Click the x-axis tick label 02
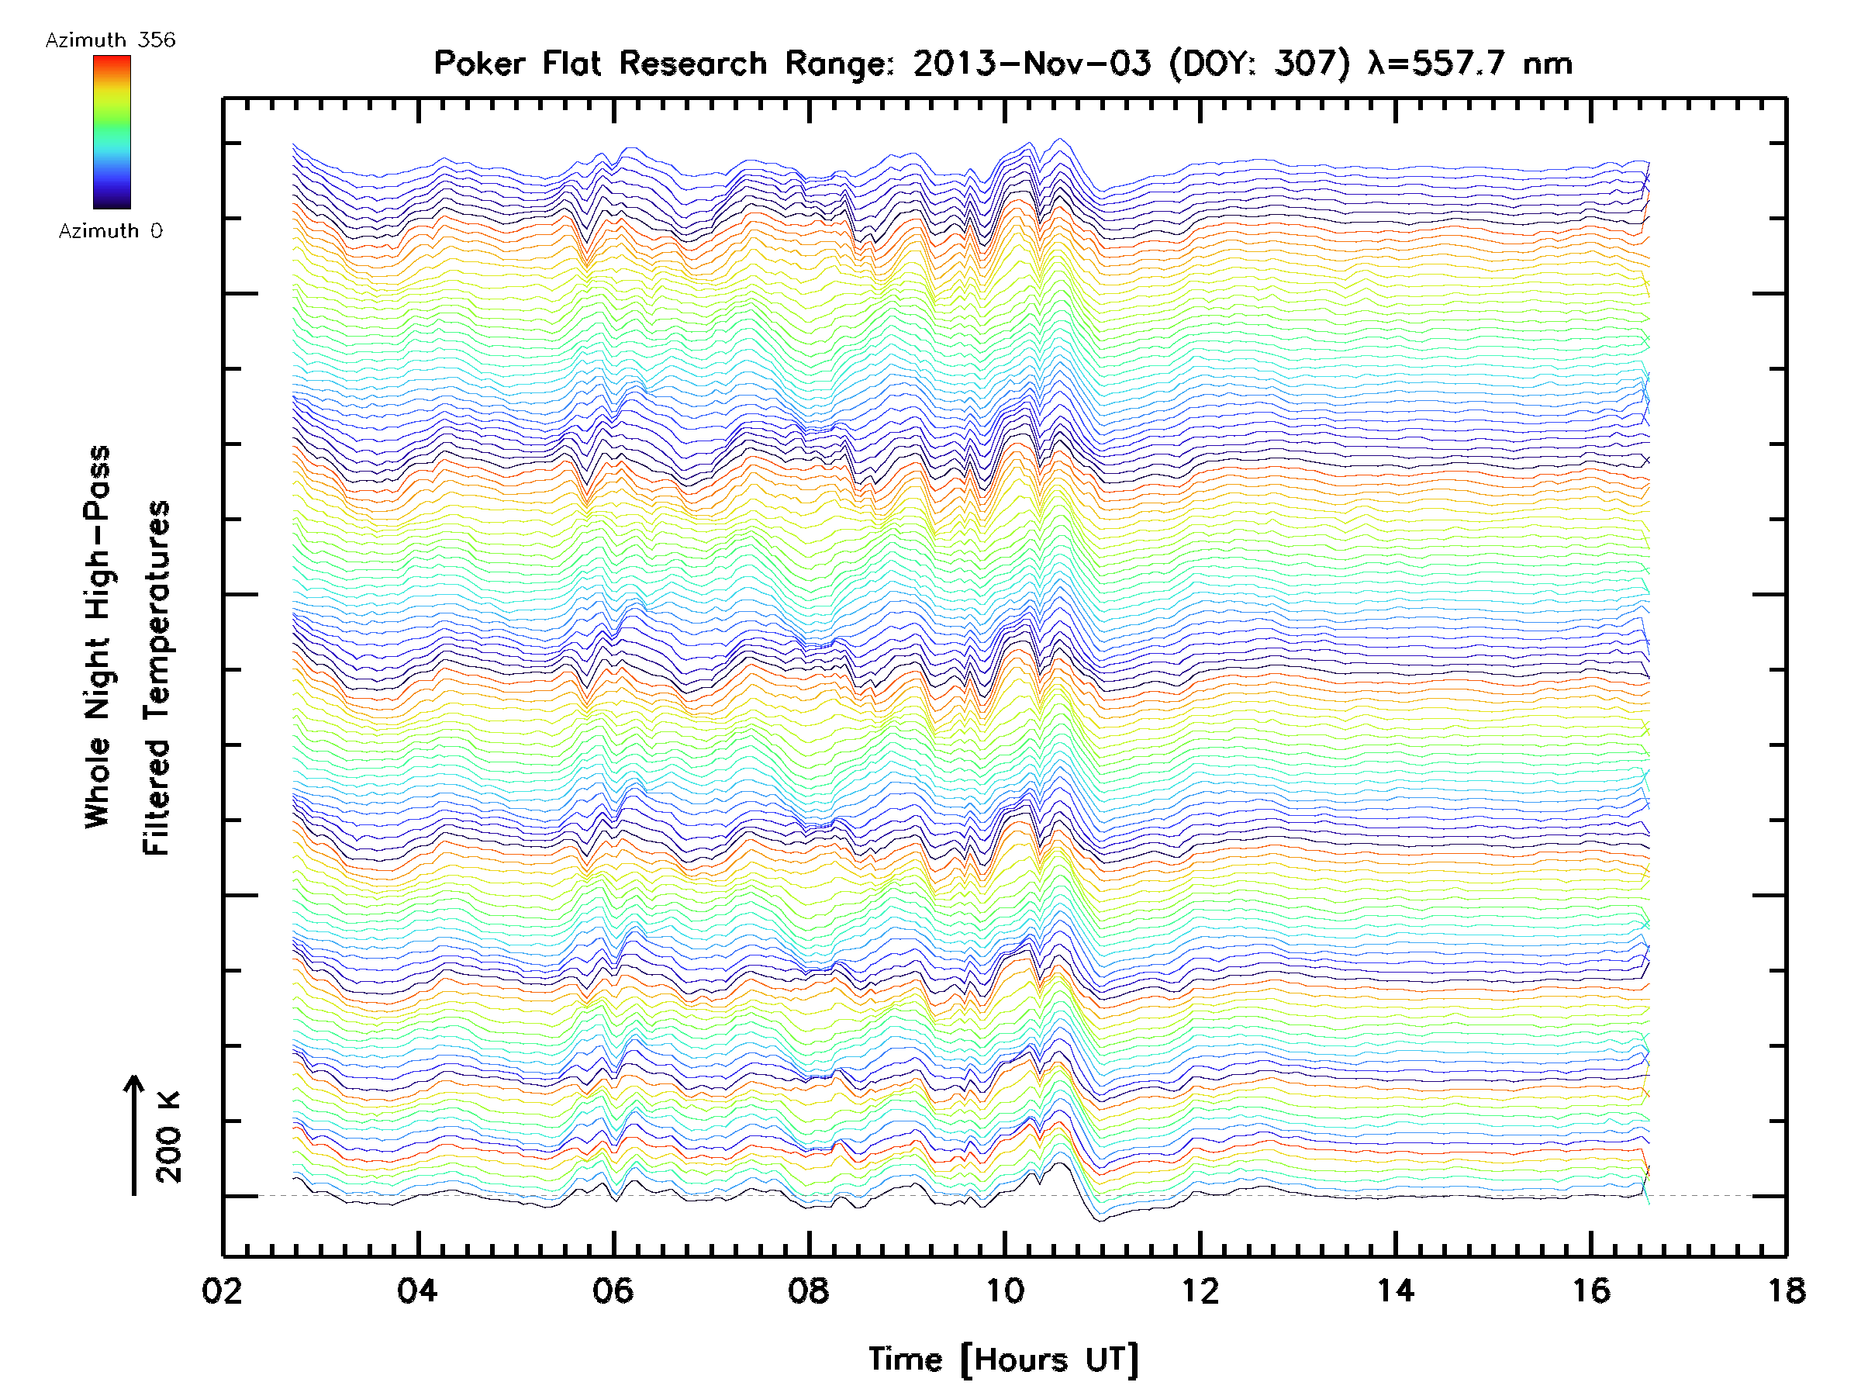pos(222,1290)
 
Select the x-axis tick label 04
pos(417,1290)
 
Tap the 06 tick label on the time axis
pos(613,1290)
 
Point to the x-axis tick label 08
pos(809,1290)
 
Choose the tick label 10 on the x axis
pos(1003,1290)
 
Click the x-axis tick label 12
pos(1200,1290)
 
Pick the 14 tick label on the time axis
pos(1395,1290)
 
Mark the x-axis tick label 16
pos(1590,1290)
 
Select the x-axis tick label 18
pos(1785,1290)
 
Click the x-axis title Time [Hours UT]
pos(1003,1359)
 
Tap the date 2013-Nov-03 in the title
pos(1031,63)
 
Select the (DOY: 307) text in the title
pos(1260,63)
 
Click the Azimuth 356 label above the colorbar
pos(110,40)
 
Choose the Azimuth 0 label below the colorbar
pos(110,230)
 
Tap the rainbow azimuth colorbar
pos(112,132)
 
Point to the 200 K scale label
pos(168,1136)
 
